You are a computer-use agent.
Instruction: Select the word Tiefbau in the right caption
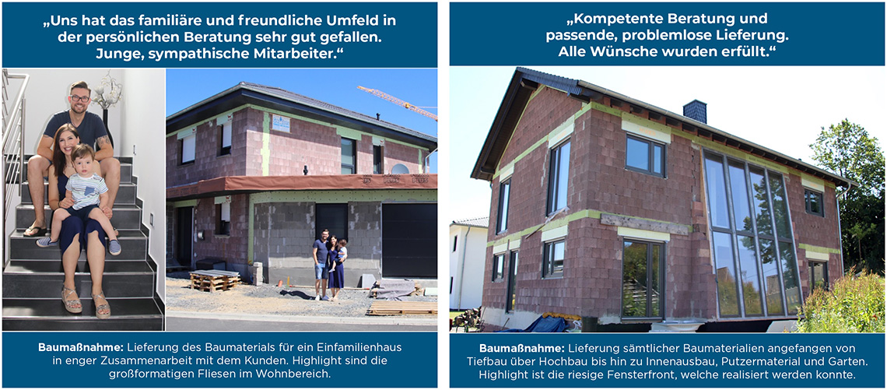tap(486, 361)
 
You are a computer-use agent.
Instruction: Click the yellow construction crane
tap(397, 101)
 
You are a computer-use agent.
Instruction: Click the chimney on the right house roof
tap(695, 111)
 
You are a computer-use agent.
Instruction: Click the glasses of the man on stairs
tap(80, 99)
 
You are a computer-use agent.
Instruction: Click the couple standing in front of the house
tap(331, 265)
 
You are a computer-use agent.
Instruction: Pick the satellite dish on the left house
tap(399, 169)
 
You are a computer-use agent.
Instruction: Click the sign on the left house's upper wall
tap(281, 124)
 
